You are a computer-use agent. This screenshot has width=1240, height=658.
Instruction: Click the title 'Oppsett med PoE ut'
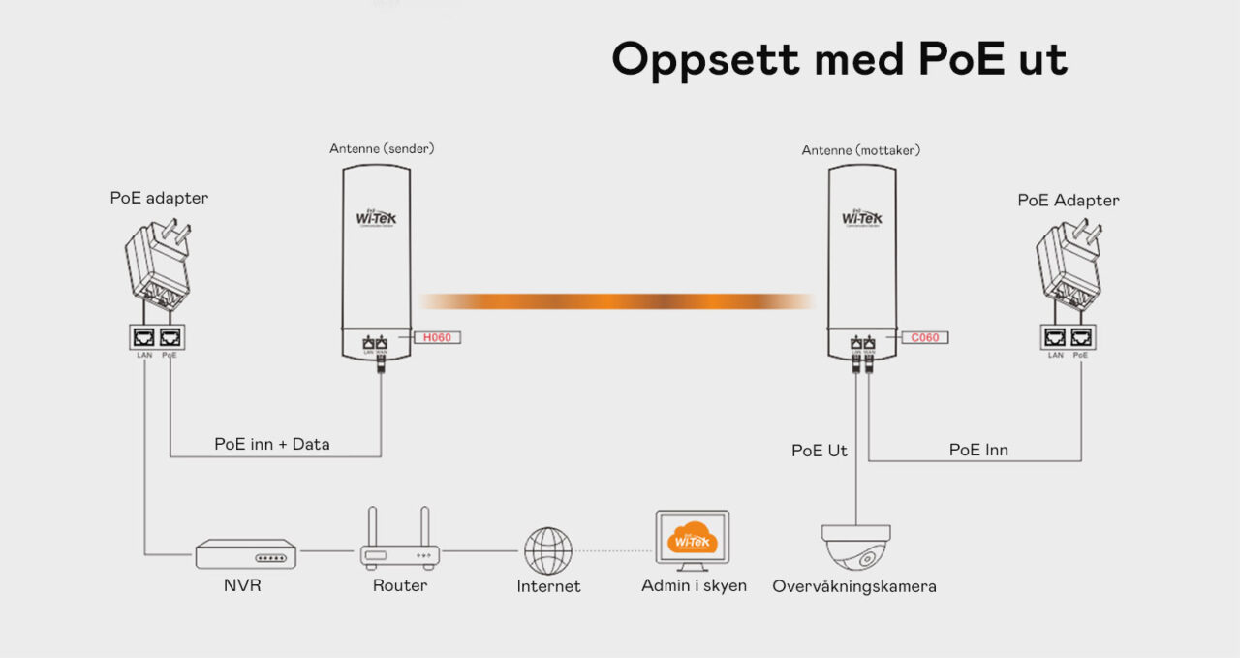[839, 60]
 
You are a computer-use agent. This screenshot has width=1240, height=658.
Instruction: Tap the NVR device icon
[245, 554]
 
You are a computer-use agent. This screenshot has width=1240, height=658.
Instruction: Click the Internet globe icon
[548, 550]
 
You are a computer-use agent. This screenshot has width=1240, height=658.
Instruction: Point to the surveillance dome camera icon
[855, 547]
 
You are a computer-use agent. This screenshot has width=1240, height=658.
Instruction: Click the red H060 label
[437, 337]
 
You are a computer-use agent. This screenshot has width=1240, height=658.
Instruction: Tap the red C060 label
[924, 337]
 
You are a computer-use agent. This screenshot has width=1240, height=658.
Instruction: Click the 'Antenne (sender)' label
[382, 149]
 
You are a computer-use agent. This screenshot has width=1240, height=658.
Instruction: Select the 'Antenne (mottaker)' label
[860, 150]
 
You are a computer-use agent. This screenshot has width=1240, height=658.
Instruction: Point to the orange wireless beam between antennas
[616, 301]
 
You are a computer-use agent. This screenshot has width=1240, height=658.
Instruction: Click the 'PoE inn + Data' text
[272, 444]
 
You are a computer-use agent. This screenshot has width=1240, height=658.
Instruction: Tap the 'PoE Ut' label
[820, 450]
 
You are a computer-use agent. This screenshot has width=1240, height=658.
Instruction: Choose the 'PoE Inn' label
[978, 450]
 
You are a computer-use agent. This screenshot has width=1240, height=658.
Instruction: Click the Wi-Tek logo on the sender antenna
[376, 215]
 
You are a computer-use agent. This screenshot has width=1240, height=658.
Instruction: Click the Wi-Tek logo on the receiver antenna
[862, 216]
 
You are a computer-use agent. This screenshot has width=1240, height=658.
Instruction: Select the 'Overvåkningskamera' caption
[854, 586]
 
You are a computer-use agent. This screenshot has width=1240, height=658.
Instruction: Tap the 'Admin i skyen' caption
[694, 585]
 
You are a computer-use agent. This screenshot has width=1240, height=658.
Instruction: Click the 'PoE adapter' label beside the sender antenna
[159, 198]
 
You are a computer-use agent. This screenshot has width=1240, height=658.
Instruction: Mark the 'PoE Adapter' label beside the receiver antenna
[1069, 200]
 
